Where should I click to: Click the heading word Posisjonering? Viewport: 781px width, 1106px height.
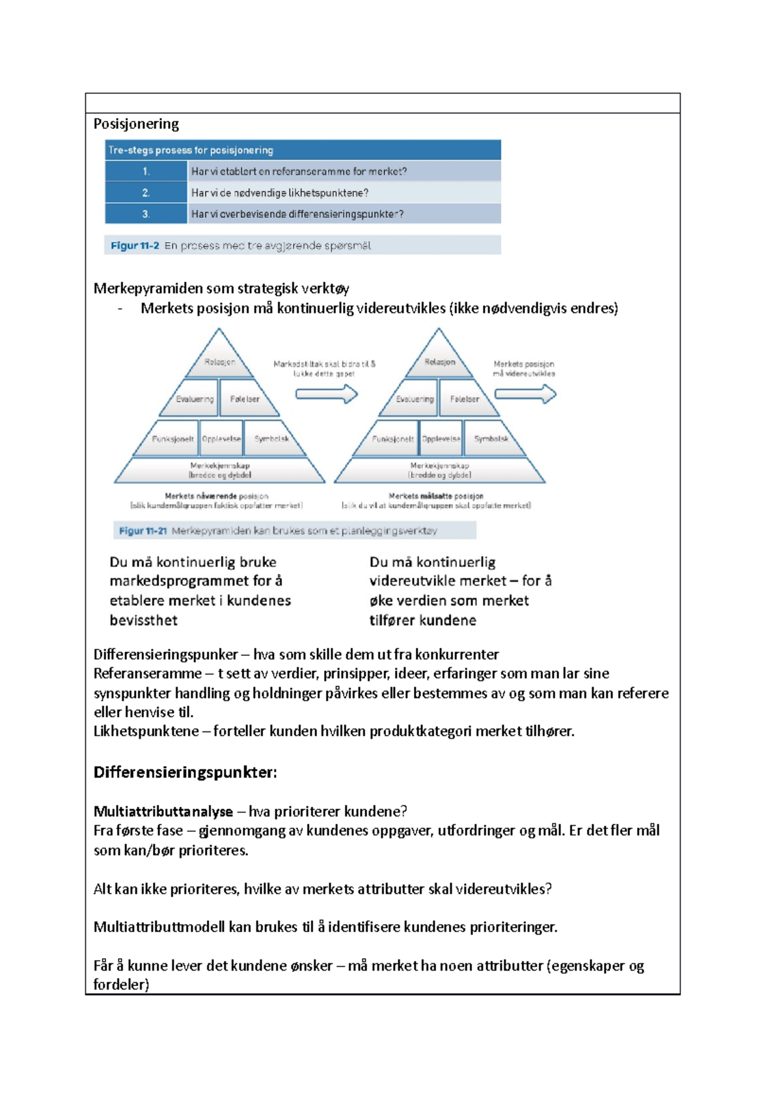tap(136, 124)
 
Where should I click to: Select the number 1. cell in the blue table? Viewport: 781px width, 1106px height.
tap(146, 171)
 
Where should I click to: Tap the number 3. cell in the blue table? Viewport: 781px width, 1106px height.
tap(146, 214)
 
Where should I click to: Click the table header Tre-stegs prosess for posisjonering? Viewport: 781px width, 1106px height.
tap(191, 150)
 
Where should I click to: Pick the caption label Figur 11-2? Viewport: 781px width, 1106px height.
tap(135, 246)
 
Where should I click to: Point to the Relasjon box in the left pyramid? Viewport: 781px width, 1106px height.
tap(219, 362)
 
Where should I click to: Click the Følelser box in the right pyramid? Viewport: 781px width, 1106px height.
tap(464, 399)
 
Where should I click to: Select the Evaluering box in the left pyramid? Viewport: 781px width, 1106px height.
tap(194, 399)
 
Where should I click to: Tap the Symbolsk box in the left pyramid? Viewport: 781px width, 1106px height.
tap(271, 438)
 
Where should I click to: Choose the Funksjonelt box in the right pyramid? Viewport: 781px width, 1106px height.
tap(392, 439)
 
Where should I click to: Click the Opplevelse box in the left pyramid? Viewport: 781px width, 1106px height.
tap(221, 439)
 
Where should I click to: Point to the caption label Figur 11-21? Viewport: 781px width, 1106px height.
tap(143, 531)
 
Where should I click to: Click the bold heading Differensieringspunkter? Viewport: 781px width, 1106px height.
tap(185, 773)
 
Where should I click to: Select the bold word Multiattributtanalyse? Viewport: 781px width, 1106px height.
tap(163, 812)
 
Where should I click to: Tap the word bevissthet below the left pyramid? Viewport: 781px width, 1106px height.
tap(143, 620)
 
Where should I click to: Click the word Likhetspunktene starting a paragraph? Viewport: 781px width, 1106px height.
tap(146, 731)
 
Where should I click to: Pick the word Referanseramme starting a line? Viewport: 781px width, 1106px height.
tap(147, 674)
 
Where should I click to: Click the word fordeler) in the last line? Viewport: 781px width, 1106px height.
tap(121, 984)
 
